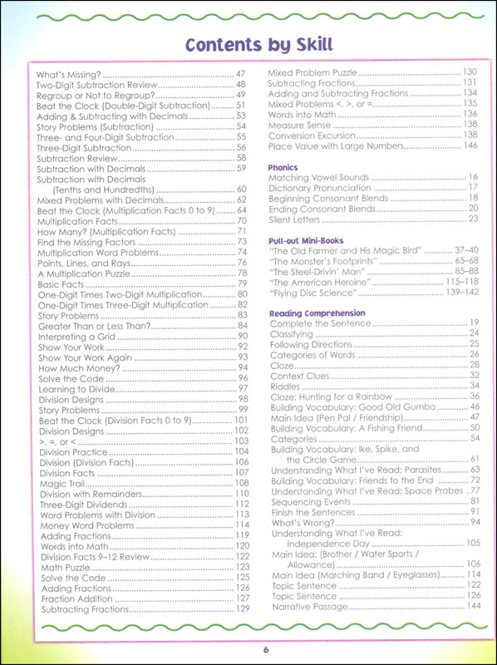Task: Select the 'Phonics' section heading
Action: click(x=283, y=166)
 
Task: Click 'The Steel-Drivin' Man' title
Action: click(x=317, y=272)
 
